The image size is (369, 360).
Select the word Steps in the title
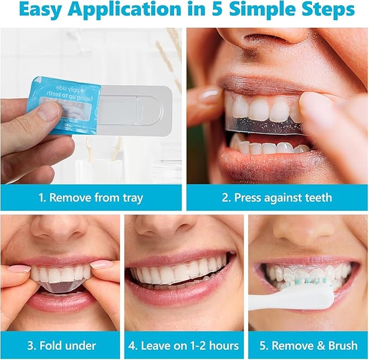tap(326, 10)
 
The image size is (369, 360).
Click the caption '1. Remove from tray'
tap(91, 197)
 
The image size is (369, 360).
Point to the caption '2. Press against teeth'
tap(277, 197)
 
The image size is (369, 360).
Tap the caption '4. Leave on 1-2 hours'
tap(184, 345)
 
